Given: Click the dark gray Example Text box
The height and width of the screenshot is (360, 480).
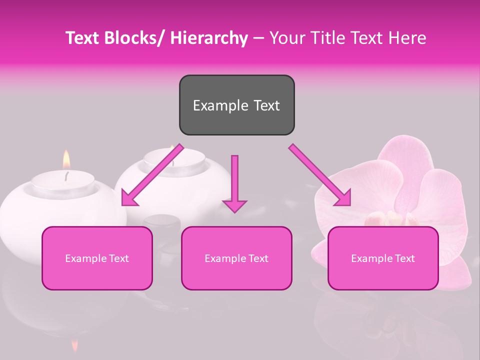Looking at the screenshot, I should click(x=236, y=105).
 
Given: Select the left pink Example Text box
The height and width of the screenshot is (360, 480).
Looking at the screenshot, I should click(x=97, y=258).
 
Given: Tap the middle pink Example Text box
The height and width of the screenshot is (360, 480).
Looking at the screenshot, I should click(x=236, y=258).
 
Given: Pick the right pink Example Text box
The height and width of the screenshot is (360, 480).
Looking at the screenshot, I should click(x=383, y=258).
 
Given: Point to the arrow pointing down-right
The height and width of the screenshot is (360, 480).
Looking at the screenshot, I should click(x=320, y=175).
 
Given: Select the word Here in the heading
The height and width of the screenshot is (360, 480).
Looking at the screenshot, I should click(x=407, y=38).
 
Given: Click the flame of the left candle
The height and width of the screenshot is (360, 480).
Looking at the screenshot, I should click(x=65, y=160).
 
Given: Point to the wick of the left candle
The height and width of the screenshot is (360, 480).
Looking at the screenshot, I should click(x=66, y=175).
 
